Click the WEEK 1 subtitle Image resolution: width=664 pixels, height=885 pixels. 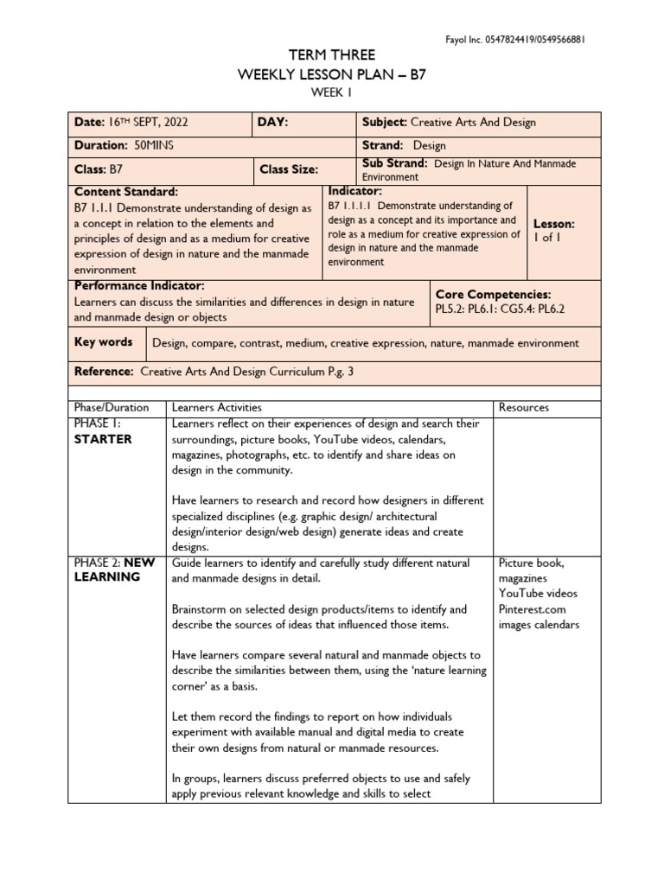tap(332, 93)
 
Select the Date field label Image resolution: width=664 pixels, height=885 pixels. tap(90, 123)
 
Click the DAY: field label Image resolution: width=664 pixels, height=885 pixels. tap(273, 123)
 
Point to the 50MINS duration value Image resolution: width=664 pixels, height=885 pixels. tap(154, 145)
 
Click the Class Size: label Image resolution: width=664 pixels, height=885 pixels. tap(289, 169)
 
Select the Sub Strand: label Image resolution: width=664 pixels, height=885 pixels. tap(395, 162)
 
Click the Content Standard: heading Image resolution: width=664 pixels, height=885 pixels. tap(126, 191)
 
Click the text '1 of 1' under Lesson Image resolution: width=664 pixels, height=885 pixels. tap(547, 238)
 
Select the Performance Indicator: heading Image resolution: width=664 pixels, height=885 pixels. tap(139, 285)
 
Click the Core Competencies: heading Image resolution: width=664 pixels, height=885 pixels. tap(493, 295)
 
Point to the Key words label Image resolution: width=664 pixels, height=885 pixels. tap(104, 342)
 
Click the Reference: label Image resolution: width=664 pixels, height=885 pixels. tap(104, 371)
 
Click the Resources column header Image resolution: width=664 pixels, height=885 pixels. tap(523, 407)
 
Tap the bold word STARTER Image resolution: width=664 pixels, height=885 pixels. tap(103, 439)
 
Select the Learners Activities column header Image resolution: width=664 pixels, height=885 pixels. tap(217, 407)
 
